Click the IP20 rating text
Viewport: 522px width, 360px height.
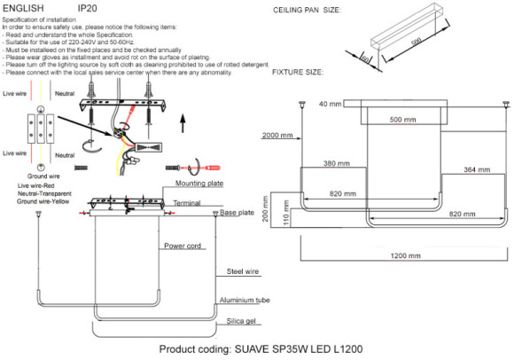(x=88, y=7)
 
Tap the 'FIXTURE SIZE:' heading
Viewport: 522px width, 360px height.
(x=298, y=71)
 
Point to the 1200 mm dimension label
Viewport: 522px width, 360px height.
(x=404, y=256)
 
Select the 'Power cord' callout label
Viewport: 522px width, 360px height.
(x=183, y=245)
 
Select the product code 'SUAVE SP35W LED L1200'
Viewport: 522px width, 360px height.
(x=297, y=349)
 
